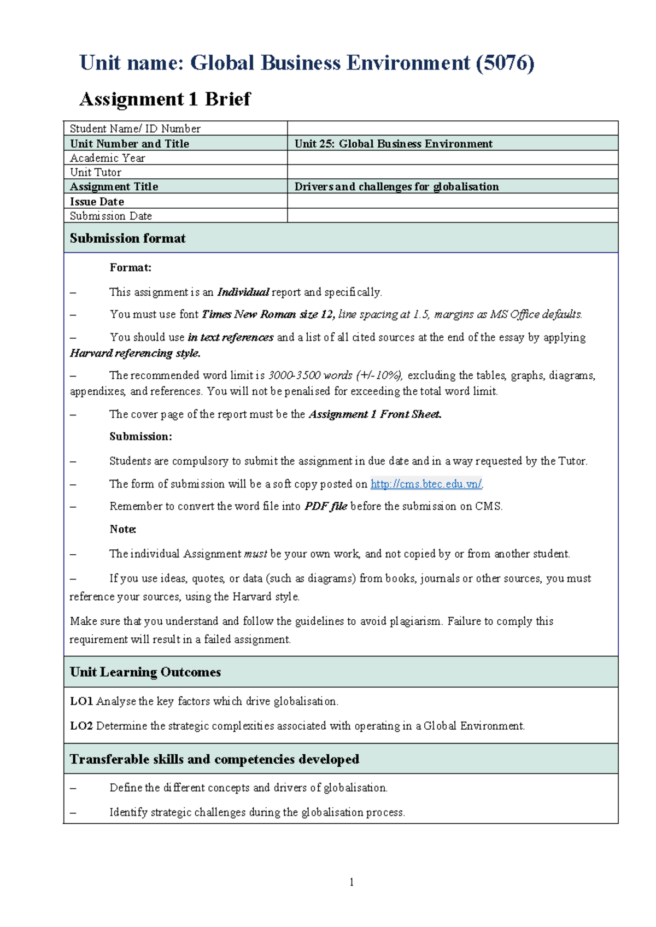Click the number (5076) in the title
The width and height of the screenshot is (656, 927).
click(505, 63)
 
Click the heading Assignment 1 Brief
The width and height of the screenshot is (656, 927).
click(165, 99)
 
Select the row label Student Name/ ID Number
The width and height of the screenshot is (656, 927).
click(135, 128)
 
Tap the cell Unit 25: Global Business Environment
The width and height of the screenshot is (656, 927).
click(393, 144)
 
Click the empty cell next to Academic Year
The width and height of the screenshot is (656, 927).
click(452, 158)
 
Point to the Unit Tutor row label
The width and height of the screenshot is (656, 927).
click(96, 172)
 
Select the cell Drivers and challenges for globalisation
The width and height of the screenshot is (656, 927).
click(396, 186)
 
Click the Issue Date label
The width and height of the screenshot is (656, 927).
click(97, 201)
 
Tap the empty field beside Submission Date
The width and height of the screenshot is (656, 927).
click(452, 215)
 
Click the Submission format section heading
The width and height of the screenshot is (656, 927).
click(127, 238)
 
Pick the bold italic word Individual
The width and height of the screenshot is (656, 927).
click(243, 292)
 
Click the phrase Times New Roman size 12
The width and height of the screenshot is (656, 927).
click(268, 314)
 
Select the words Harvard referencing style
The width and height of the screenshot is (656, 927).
click(135, 353)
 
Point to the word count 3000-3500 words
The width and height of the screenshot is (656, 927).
click(310, 376)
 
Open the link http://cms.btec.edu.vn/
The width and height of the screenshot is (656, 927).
click(426, 484)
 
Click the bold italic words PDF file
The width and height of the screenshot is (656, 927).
click(326, 506)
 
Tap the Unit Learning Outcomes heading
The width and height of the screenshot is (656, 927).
click(145, 672)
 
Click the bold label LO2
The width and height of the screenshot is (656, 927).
click(81, 726)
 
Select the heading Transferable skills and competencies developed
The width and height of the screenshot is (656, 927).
click(214, 759)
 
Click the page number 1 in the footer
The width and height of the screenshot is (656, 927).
click(351, 882)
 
